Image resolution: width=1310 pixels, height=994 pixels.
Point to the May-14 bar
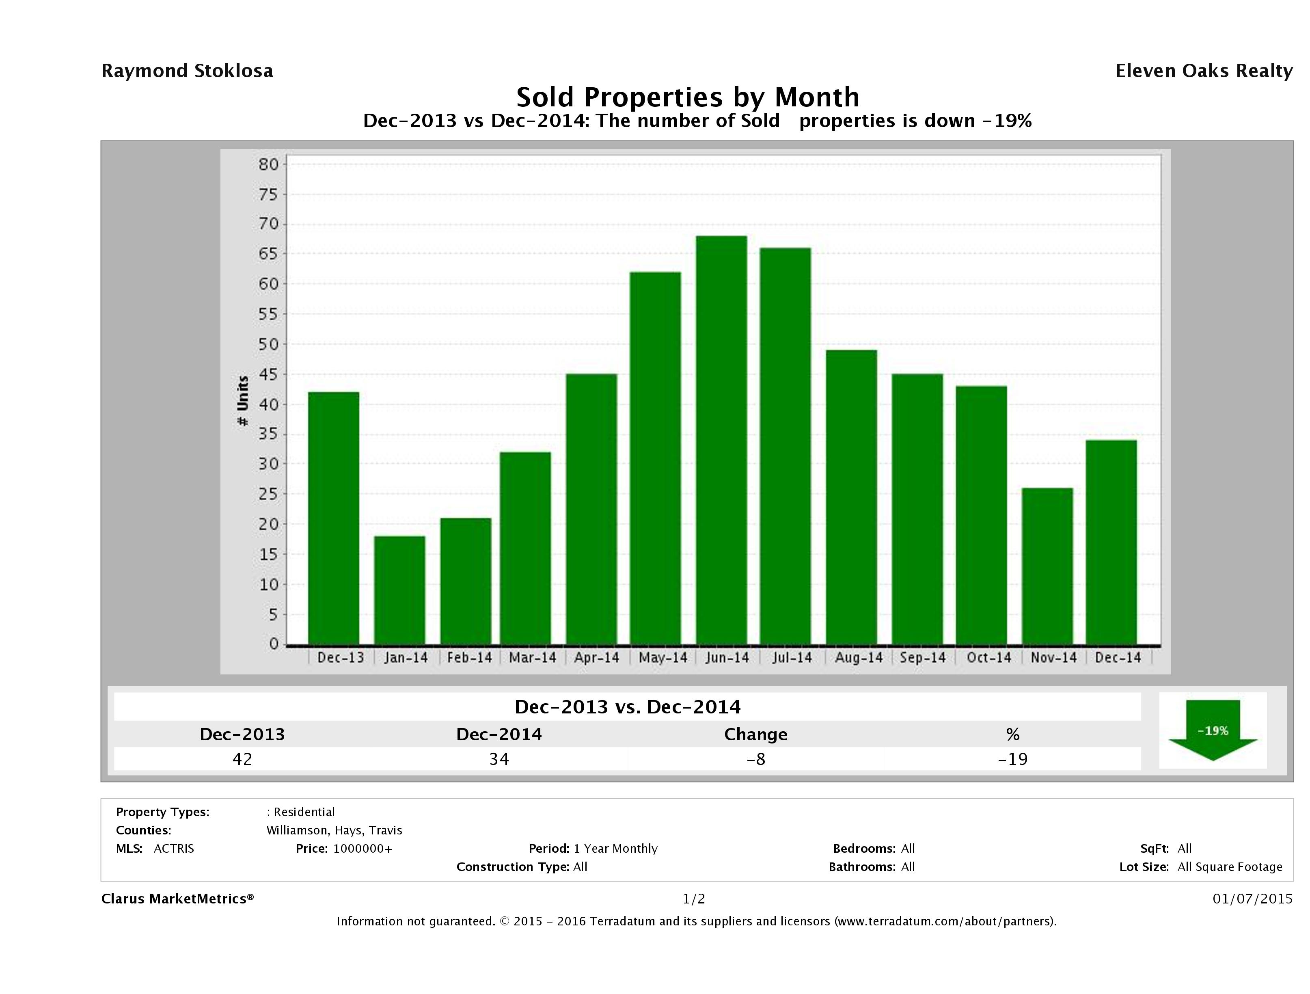[655, 458]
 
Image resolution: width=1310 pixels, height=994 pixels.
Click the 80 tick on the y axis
[268, 164]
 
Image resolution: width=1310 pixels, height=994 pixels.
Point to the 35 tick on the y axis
[268, 434]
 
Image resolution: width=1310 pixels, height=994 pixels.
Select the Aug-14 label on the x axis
[858, 657]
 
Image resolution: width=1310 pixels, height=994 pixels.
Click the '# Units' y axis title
[243, 400]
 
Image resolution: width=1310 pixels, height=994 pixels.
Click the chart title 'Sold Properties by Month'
[688, 97]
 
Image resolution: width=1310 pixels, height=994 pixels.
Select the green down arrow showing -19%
[1212, 730]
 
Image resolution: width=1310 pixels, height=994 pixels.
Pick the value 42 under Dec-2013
[242, 759]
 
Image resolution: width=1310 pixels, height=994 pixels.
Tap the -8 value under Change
[756, 759]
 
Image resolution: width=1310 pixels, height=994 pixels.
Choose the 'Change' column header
[756, 735]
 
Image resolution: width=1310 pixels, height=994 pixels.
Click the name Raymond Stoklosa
[187, 71]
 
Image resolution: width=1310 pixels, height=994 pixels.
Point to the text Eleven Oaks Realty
[1203, 71]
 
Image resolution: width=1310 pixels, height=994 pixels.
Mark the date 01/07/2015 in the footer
[1252, 899]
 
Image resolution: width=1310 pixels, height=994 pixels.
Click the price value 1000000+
[363, 848]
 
